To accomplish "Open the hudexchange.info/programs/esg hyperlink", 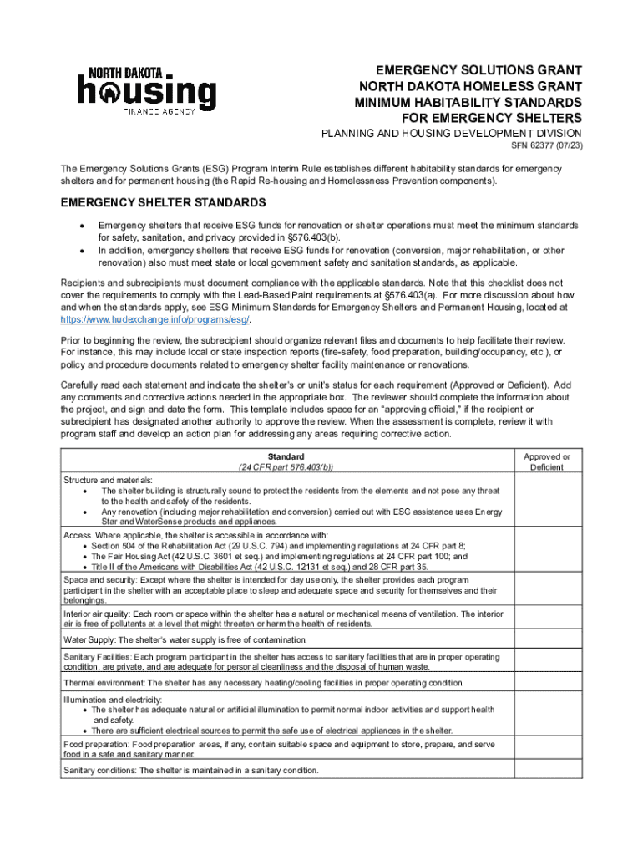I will click(154, 319).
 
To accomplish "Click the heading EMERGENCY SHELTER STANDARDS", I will click(163, 203).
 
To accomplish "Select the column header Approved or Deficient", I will click(546, 461).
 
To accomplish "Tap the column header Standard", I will click(286, 456).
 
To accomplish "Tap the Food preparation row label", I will click(97, 743).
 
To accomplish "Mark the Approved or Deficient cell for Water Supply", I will click(546, 639).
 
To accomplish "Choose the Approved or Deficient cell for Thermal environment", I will click(546, 683).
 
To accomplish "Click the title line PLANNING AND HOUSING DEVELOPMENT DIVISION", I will click(452, 133).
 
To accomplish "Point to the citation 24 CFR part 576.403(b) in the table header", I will click(286, 467).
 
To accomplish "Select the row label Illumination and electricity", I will click(113, 699).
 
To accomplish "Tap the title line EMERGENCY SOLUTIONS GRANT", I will click(478, 70).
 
